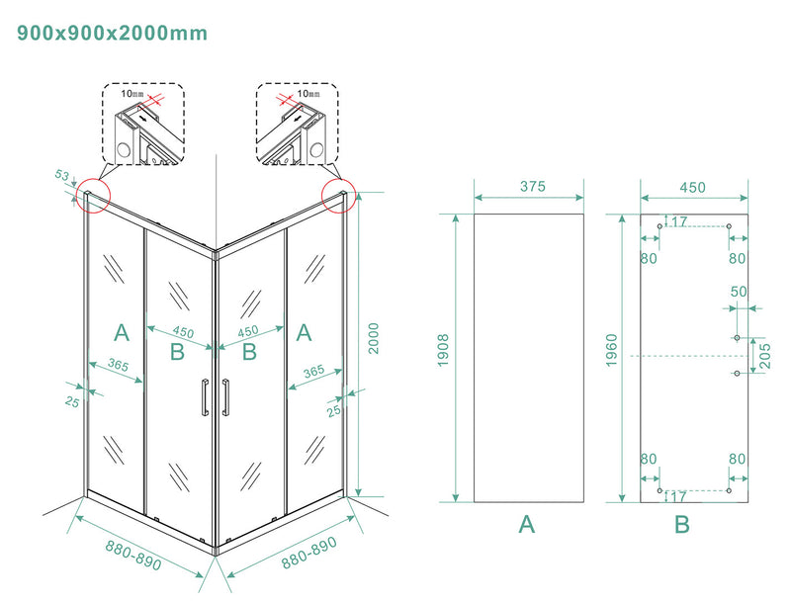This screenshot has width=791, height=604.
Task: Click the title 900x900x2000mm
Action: (x=113, y=33)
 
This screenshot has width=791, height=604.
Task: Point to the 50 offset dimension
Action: (x=738, y=293)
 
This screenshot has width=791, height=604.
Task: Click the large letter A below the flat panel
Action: (x=527, y=525)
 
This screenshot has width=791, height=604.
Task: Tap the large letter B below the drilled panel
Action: (x=682, y=525)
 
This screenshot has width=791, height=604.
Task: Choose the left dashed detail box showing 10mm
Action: (x=143, y=123)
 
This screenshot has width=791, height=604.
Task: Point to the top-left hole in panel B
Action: (x=659, y=227)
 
